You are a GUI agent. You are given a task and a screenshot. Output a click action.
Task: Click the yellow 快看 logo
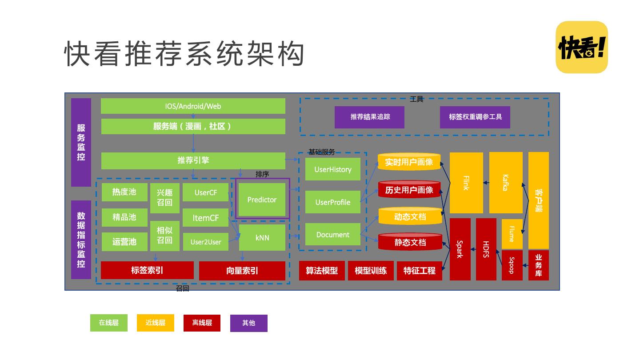pyautogui.click(x=582, y=47)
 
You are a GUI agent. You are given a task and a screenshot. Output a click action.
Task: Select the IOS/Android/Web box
pyautogui.click(x=193, y=106)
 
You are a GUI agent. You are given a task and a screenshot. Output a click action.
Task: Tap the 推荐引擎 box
pyautogui.click(x=193, y=160)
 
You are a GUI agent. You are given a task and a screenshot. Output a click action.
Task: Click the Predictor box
pyautogui.click(x=262, y=200)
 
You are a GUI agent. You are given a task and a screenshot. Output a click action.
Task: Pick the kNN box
pyautogui.click(x=262, y=238)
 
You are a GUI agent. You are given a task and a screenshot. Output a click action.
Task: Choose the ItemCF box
pyautogui.click(x=205, y=218)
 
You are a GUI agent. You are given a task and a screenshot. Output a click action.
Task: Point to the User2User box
pyautogui.click(x=206, y=242)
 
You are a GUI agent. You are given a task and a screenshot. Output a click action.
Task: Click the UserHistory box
pyautogui.click(x=332, y=169)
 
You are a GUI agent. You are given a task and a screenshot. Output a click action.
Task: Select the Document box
pyautogui.click(x=332, y=235)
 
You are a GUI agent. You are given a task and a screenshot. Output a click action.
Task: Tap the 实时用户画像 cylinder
pyautogui.click(x=409, y=162)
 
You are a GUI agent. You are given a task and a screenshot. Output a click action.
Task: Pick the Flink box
pyautogui.click(x=466, y=183)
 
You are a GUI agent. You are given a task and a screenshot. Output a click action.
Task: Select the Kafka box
pyautogui.click(x=506, y=183)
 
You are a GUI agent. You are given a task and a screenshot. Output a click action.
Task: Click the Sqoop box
pyautogui.click(x=512, y=265)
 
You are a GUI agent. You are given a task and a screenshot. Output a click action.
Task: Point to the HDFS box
pyautogui.click(x=486, y=249)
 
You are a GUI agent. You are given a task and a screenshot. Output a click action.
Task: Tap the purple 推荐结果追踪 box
pyautogui.click(x=370, y=117)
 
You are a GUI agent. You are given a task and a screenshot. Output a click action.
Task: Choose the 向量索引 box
pyautogui.click(x=242, y=271)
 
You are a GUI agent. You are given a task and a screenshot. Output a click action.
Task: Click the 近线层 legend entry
pyautogui.click(x=156, y=323)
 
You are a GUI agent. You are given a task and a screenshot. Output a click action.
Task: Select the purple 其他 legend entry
pyautogui.click(x=249, y=323)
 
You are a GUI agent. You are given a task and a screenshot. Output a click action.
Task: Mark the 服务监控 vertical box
pyautogui.click(x=81, y=142)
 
